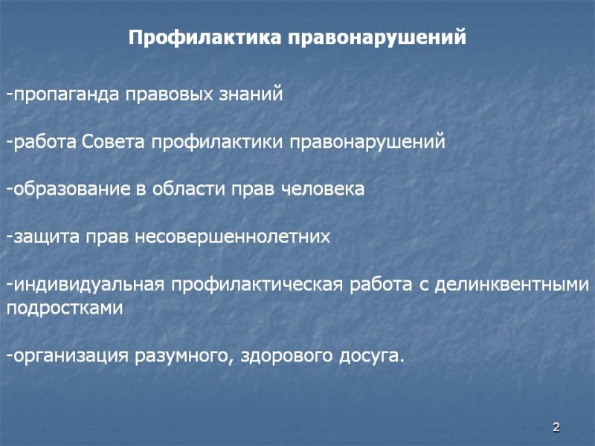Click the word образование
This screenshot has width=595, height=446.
coord(71,189)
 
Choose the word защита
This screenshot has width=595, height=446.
coord(41,237)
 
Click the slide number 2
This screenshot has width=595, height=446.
coord(556,427)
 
